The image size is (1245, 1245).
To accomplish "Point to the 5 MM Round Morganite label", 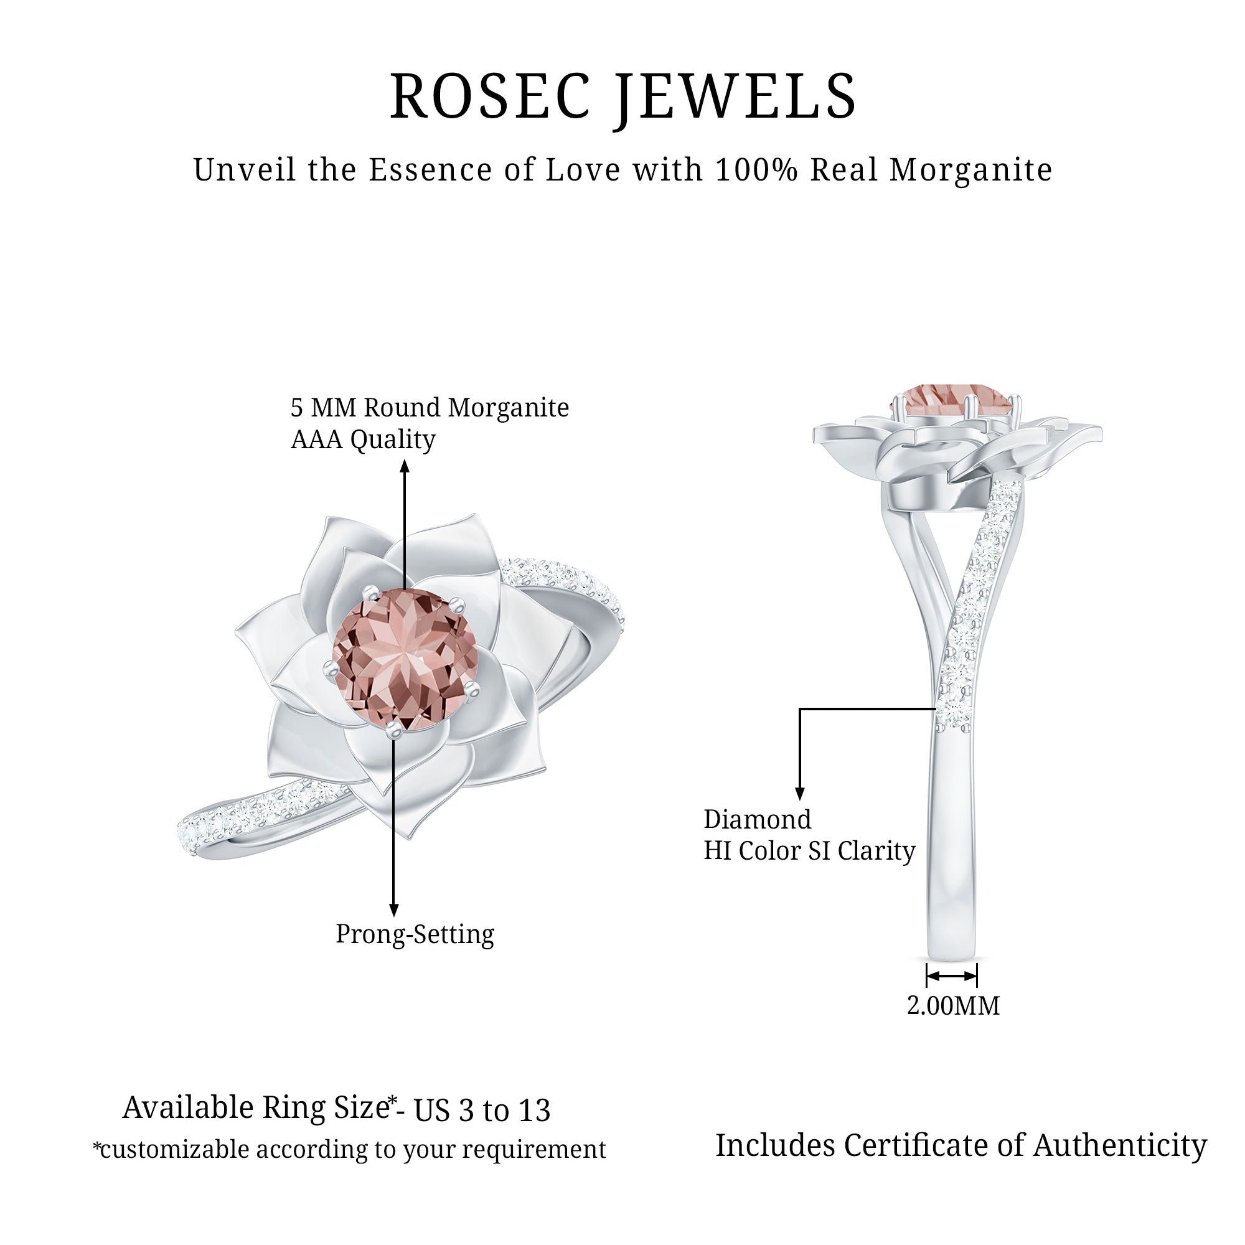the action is (x=430, y=407).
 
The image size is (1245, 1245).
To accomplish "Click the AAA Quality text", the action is (x=363, y=439).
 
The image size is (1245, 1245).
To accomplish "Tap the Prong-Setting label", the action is (x=415, y=934).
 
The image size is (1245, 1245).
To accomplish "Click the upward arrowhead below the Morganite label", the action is (x=405, y=465).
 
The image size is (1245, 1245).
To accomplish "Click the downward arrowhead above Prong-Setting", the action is (x=394, y=909).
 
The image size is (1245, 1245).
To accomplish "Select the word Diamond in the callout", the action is (x=757, y=820).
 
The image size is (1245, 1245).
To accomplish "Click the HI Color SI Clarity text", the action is (x=809, y=850).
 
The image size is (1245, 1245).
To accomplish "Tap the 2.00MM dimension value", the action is (x=953, y=1005).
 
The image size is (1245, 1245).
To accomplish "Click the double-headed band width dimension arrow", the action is (x=952, y=976).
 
